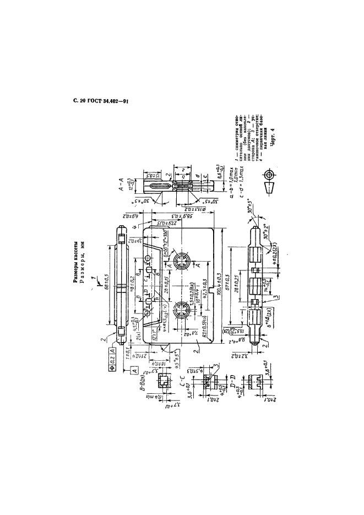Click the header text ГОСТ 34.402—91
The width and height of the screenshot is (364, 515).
pyautogui.click(x=108, y=101)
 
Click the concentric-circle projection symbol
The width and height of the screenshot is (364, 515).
pyautogui.click(x=269, y=175)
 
